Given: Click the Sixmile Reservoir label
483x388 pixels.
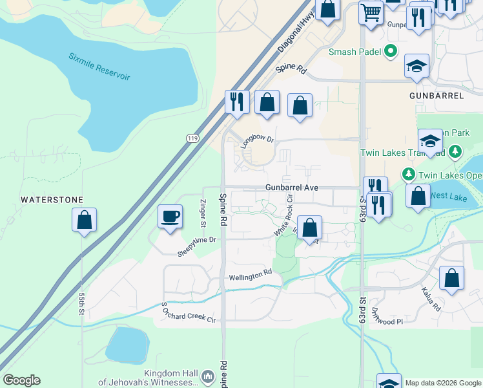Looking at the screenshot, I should coord(99,67).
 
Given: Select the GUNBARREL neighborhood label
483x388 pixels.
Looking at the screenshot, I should coord(437,95).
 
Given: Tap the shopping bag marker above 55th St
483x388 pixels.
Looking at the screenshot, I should coord(84,221).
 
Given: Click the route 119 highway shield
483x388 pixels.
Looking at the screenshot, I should coord(192,138).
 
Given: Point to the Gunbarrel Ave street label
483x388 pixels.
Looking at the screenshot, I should coord(291,188).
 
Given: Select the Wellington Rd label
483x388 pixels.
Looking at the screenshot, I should coord(251,276).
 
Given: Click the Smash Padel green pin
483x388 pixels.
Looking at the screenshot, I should coord(391,51).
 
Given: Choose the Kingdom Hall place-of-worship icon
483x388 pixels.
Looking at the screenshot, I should coord(208,376).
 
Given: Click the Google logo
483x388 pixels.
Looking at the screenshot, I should coord(21,380).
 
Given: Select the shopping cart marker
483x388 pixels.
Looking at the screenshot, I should coord(371,12).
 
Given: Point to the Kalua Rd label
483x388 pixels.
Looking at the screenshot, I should coord(431,299).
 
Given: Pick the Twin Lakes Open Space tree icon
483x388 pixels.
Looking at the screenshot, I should coord(408,174).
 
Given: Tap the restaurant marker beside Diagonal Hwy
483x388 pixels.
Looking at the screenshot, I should coord(236,102).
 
